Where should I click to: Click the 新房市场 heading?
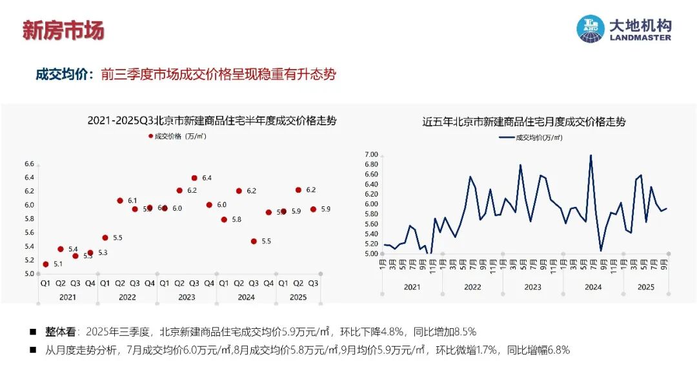(63, 30)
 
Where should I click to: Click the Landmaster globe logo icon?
(590, 30)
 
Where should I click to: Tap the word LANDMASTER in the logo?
(640, 37)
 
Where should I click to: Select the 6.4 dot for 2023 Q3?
(194, 177)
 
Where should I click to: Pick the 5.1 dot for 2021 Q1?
(45, 264)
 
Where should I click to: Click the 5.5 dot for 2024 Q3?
(254, 241)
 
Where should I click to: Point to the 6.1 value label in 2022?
(132, 201)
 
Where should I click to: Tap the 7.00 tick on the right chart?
(370, 155)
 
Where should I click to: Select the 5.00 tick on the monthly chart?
(370, 254)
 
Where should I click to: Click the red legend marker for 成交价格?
(150, 137)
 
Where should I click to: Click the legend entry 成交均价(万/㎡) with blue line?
(530, 137)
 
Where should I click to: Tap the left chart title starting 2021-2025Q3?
(212, 121)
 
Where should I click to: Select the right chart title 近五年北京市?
(524, 121)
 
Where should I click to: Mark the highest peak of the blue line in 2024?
(591, 155)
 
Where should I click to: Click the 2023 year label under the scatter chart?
(187, 297)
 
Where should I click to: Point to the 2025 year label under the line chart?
(646, 286)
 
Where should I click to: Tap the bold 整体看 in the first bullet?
(60, 332)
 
